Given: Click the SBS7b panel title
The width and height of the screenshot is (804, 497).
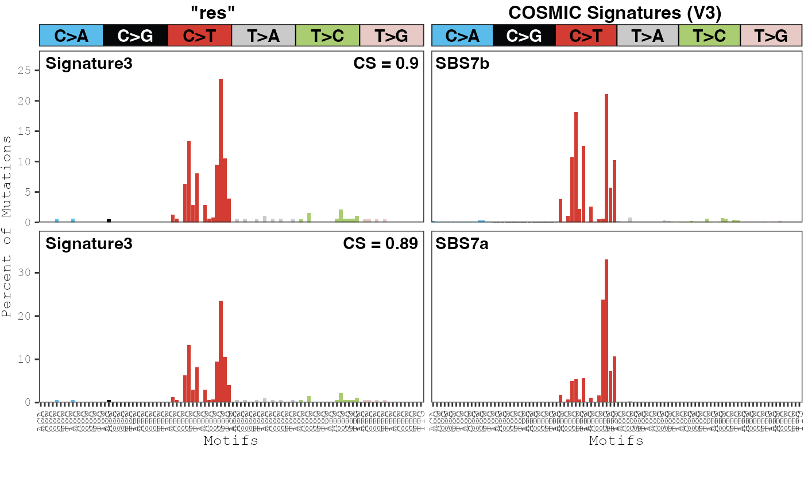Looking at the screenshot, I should [x=462, y=63].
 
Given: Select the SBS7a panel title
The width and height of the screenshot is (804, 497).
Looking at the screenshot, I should [x=462, y=243].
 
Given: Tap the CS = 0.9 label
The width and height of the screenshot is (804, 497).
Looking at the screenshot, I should [x=385, y=63].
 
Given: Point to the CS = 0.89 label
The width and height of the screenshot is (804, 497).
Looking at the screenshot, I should [x=380, y=243].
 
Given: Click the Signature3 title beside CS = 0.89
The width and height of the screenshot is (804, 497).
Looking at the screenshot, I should [x=89, y=243].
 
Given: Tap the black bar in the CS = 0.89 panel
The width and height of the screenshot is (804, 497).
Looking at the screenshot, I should [x=109, y=401].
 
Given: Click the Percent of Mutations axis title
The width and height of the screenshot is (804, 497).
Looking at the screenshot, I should [x=7, y=227].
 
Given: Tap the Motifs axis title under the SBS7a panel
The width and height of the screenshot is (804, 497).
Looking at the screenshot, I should [x=616, y=441].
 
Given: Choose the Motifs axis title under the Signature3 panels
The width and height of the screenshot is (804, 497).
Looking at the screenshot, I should [x=231, y=441].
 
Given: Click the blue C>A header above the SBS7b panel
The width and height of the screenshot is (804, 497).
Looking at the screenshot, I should [x=462, y=36].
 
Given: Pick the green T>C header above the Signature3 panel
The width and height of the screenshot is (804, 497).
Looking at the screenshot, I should [x=327, y=36].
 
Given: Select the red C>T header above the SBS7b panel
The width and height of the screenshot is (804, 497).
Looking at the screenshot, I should [x=586, y=36].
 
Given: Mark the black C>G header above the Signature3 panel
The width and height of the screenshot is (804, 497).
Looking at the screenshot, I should [x=135, y=36].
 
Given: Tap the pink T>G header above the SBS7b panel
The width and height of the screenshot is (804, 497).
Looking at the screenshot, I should [x=771, y=36].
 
